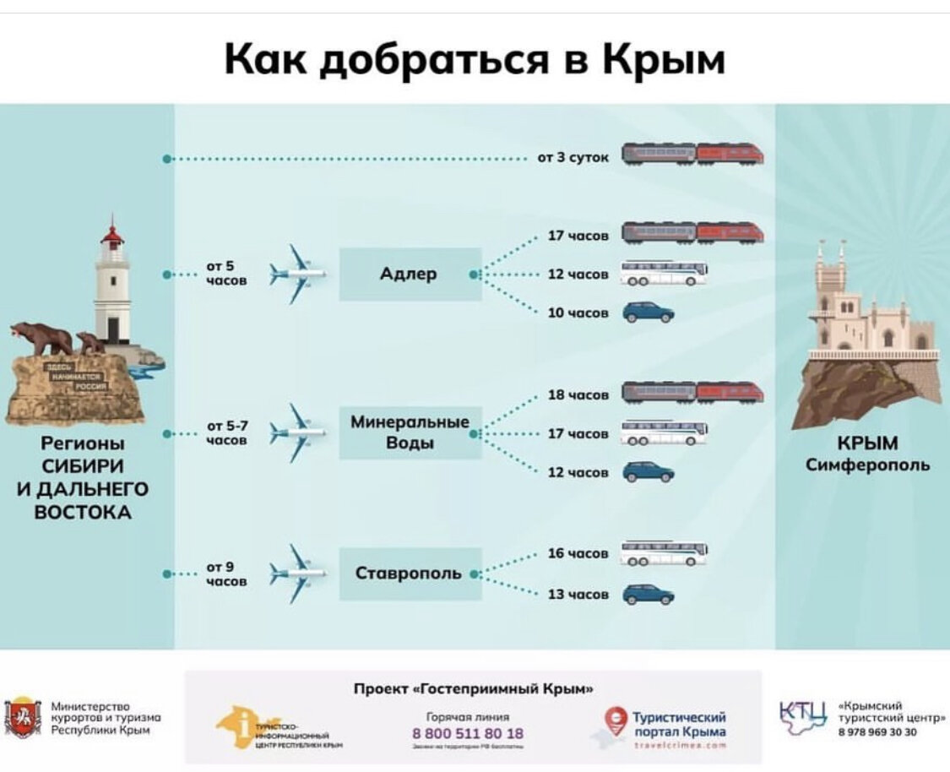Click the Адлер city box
coord(410,275)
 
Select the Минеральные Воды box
coord(410,432)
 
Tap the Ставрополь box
coord(410,574)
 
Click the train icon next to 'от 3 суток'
coord(692,154)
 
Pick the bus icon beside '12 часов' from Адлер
coord(664,274)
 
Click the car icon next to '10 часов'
coord(649,313)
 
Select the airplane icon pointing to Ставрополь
coord(296,574)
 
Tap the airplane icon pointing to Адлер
coord(296,275)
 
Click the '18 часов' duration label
coord(578,395)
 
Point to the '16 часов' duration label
coord(578,553)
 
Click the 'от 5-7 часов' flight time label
coord(226,433)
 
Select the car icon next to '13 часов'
coord(649,595)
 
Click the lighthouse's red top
coord(111,234)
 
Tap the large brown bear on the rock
coord(42,337)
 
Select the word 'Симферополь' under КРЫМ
coord(867,465)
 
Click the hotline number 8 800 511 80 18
coord(467,733)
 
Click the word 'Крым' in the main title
coord(663,60)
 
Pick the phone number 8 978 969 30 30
coord(878,732)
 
